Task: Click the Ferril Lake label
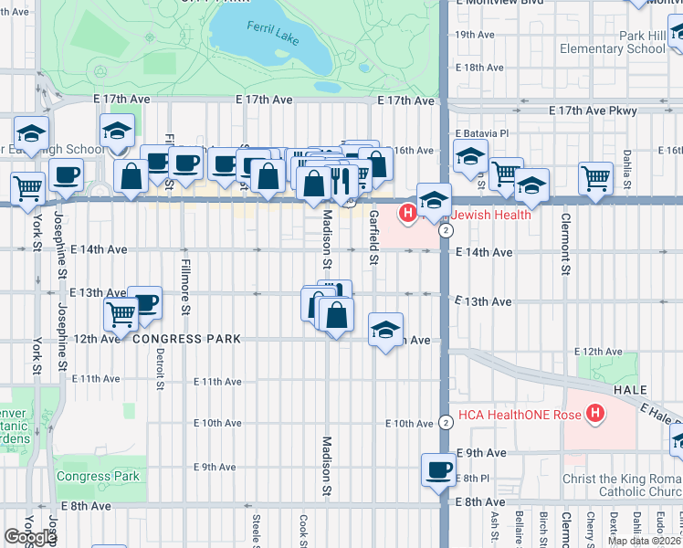tap(271, 27)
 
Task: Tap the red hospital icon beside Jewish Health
tap(407, 214)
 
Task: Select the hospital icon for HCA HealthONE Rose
tap(595, 415)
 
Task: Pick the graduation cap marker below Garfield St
tap(386, 329)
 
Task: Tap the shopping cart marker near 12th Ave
tap(121, 314)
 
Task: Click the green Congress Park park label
tap(98, 476)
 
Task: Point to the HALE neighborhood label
tap(629, 389)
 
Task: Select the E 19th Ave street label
tap(475, 35)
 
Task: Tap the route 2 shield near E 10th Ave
tap(445, 422)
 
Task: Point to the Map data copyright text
tap(644, 541)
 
